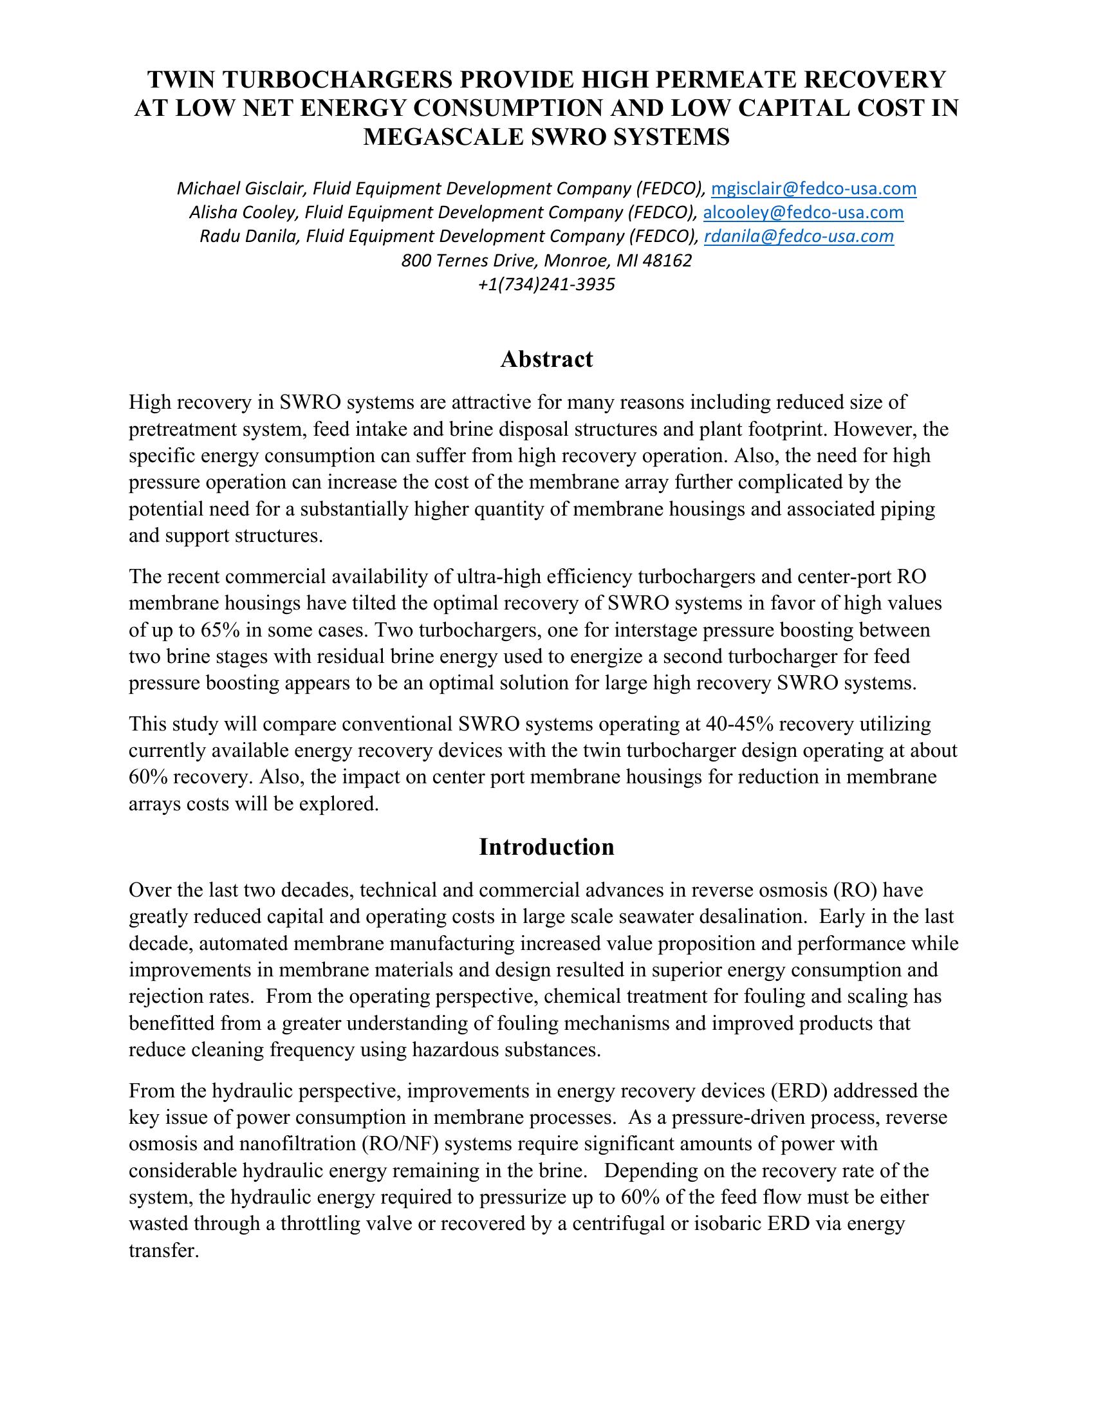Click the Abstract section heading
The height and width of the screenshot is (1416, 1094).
click(546, 359)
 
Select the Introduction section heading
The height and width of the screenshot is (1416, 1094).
click(546, 847)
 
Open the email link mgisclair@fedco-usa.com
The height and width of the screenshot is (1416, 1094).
click(813, 189)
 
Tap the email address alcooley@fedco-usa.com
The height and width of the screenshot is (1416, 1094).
click(803, 212)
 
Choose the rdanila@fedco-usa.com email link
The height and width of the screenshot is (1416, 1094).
click(799, 236)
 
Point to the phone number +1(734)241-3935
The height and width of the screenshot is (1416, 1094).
click(546, 284)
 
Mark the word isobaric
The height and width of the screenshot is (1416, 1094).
click(719, 1224)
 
